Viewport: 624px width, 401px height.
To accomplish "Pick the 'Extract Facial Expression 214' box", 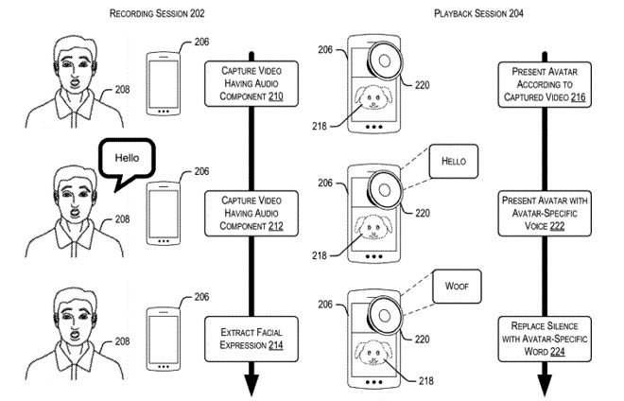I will [251, 337].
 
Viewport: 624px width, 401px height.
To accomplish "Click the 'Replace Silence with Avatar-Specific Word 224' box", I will [546, 337].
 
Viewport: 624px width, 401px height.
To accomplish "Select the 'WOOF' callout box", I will [453, 282].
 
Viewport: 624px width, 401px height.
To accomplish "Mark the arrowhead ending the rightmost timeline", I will [546, 384].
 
